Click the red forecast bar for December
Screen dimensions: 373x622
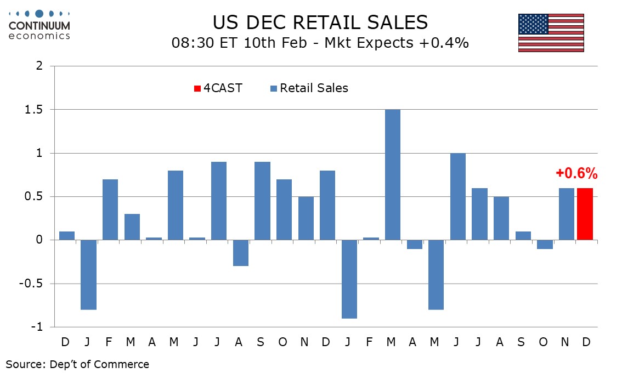coord(585,214)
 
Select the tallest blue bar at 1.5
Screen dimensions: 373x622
coord(392,174)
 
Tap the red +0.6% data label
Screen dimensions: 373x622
coord(576,174)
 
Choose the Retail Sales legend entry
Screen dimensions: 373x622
coord(309,88)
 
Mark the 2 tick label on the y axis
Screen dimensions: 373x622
coord(39,66)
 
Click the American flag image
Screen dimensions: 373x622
coord(551,33)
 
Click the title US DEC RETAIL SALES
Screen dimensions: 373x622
coord(320,22)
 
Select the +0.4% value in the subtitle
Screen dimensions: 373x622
coord(445,43)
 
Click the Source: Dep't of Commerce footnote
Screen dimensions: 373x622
coord(77,364)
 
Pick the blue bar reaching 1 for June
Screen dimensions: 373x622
coord(457,196)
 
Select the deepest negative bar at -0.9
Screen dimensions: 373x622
coord(349,279)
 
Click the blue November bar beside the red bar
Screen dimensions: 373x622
coord(567,214)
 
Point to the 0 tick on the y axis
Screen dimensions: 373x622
coord(39,240)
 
